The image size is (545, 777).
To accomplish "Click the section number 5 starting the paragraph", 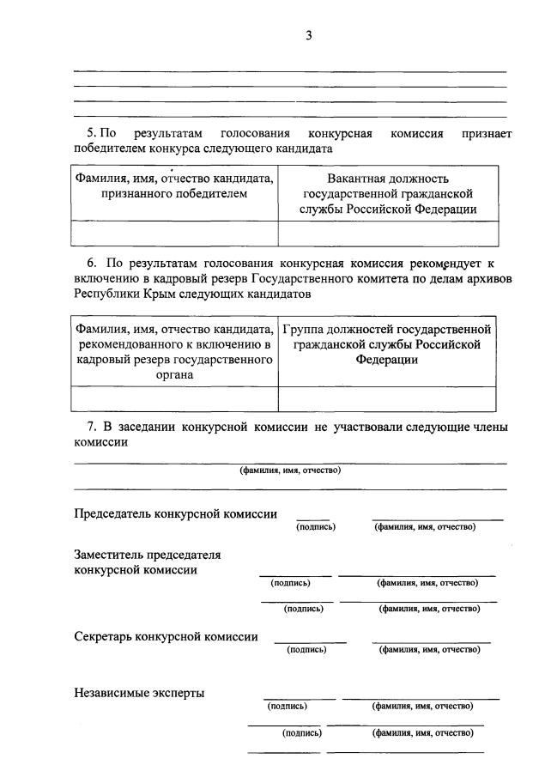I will point(90,134).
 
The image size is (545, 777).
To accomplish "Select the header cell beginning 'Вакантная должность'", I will point(388,193).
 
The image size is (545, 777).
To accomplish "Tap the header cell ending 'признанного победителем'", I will point(174,186).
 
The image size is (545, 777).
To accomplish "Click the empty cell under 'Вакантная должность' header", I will point(388,234).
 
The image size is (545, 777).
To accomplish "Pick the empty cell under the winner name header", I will point(174,234).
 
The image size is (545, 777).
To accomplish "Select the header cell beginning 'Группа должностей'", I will point(387,344).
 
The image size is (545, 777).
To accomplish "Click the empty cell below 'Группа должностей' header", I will point(387,398).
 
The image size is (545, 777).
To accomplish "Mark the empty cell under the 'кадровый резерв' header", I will point(174,398).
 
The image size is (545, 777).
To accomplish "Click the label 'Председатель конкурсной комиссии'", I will point(175,513).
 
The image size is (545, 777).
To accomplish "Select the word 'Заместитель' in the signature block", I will point(110,554).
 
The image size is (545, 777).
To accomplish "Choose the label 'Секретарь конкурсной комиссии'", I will point(166,636).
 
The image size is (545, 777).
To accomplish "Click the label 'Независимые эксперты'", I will point(139,693).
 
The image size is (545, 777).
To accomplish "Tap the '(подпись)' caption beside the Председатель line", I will point(315,526).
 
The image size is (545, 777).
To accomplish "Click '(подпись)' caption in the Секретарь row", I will point(306,650).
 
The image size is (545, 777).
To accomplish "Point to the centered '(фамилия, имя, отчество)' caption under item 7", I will point(290,470).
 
